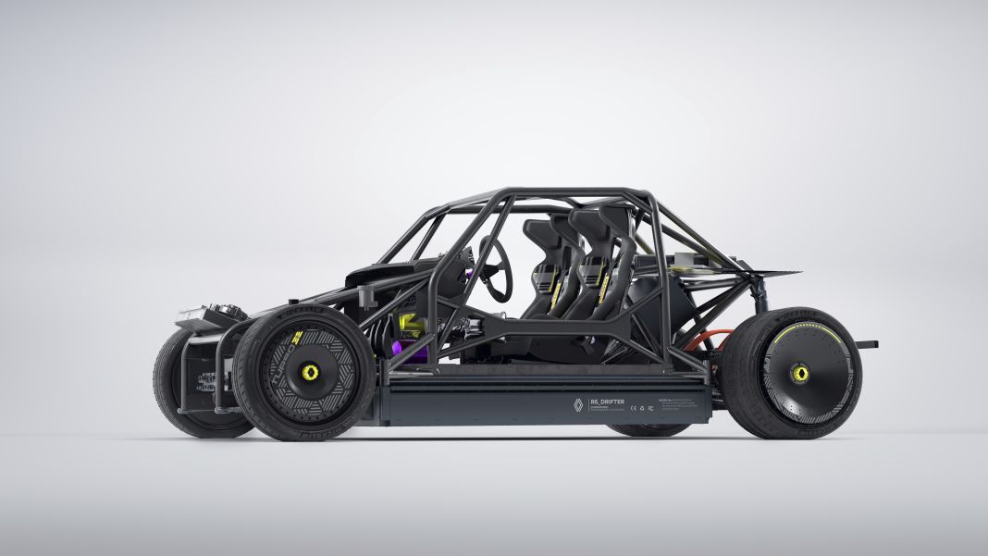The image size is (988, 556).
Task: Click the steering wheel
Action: click(x=497, y=267)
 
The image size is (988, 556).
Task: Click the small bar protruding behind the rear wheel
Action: click(x=867, y=344)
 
